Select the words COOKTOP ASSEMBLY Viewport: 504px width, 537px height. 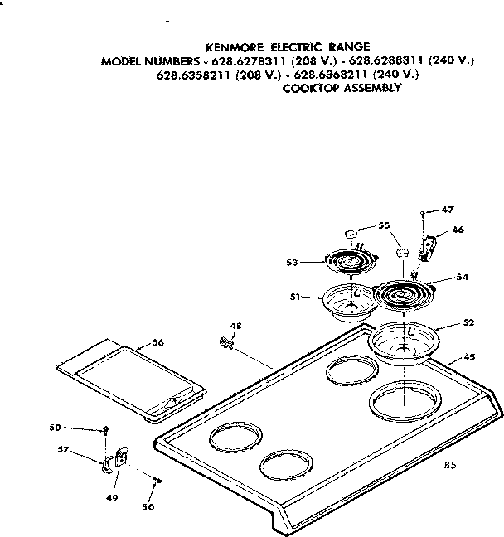point(342,87)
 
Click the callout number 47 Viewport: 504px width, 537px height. point(448,210)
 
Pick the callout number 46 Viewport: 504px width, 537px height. point(458,231)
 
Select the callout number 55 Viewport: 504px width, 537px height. point(384,225)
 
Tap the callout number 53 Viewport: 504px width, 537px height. point(291,263)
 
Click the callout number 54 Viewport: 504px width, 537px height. point(463,278)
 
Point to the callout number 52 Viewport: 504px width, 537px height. point(468,322)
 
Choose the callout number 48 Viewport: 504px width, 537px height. point(235,325)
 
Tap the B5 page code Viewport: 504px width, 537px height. point(449,466)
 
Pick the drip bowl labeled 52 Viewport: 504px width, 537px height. point(404,341)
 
